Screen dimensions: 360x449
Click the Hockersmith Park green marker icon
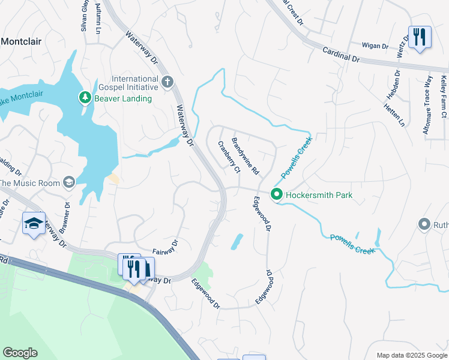coord(276,194)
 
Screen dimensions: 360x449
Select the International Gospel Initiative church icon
coord(167,81)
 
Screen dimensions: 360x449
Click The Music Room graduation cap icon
coord(70,182)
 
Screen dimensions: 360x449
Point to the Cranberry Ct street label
coord(229,157)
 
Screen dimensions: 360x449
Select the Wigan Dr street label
coord(376,45)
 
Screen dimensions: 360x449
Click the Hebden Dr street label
coord(397,85)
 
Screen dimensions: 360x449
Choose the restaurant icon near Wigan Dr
coord(420,37)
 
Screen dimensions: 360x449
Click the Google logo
coord(20,353)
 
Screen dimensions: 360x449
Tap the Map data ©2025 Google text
coord(411,355)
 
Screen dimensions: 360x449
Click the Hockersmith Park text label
coord(319,195)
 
